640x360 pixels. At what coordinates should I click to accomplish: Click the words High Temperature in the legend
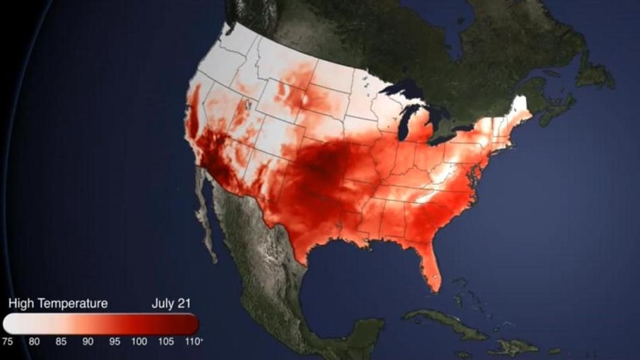[58, 304]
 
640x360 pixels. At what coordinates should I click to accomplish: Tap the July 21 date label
[171, 304]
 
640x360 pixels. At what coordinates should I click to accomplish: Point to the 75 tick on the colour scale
[8, 341]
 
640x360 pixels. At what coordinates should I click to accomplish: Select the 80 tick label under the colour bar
[34, 341]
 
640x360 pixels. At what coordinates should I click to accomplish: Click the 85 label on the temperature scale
[60, 341]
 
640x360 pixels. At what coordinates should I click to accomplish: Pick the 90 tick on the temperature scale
[87, 341]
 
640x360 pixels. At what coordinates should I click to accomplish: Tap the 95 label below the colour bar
[114, 341]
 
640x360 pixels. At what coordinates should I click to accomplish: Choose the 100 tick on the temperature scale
[139, 341]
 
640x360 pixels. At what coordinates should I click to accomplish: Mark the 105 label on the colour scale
[166, 341]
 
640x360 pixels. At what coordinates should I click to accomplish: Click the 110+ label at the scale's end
[194, 341]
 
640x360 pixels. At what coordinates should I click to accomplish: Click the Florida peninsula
[429, 265]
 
